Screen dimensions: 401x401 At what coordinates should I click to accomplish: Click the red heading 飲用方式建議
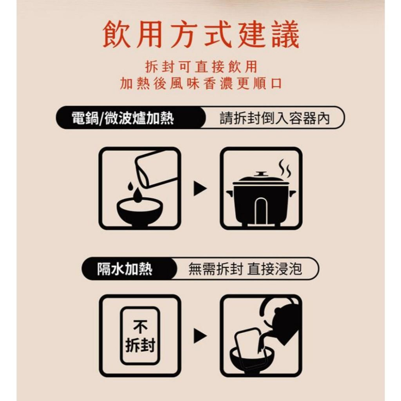click(x=200, y=36)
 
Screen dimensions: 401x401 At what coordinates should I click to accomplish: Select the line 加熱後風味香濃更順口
click(x=200, y=83)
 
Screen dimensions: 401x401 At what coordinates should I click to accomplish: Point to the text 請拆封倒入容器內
click(x=274, y=118)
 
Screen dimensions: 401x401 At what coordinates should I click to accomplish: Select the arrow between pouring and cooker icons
click(x=200, y=188)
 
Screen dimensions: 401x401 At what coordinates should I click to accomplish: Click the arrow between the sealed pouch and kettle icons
click(x=200, y=336)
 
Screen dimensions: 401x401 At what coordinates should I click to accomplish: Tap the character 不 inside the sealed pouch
click(x=140, y=327)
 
